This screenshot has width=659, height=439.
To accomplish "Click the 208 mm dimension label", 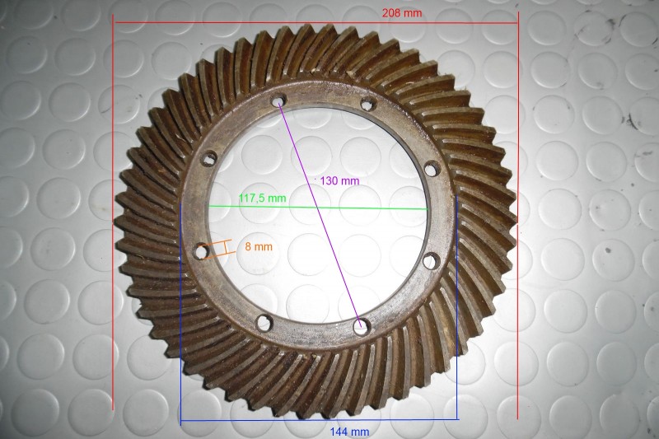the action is [402, 13].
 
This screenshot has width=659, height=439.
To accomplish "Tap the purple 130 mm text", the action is [339, 181].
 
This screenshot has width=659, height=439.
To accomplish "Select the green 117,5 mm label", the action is [262, 198].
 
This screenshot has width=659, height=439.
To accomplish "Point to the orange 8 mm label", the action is [259, 246].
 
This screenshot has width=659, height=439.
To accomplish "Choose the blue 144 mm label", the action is [349, 432].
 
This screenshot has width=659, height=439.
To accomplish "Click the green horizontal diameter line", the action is [318, 207].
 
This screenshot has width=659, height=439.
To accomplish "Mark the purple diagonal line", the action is [319, 213].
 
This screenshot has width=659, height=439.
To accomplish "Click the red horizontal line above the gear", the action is [315, 23].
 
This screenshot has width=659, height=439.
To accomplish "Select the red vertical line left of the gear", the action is [113, 212].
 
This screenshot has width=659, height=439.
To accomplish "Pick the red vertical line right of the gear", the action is [518, 215].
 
